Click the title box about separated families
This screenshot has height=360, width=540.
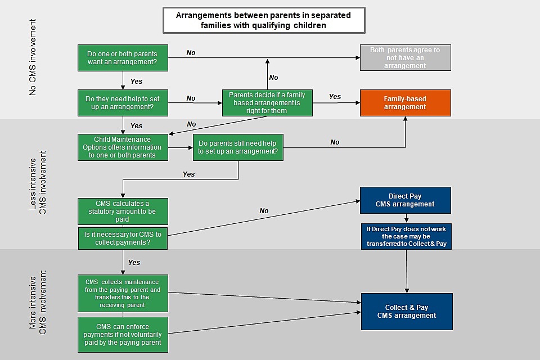tap(263, 20)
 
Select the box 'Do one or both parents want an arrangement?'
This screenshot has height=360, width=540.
tap(122, 58)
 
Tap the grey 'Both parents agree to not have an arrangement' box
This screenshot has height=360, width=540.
tap(405, 58)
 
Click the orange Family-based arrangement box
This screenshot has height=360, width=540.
tap(405, 103)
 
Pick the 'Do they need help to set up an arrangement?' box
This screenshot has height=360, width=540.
tap(122, 103)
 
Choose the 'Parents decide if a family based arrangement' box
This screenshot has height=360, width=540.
tap(267, 103)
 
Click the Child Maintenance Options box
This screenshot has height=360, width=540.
tap(122, 147)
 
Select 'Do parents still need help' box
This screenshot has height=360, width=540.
tap(237, 147)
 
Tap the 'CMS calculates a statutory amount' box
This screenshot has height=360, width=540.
tap(122, 211)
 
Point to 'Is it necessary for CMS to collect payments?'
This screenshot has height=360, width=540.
tap(122, 238)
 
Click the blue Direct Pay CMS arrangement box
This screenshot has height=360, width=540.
tap(405, 200)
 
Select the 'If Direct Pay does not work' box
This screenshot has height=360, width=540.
tap(405, 236)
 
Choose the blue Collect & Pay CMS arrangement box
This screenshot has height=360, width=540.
tap(406, 312)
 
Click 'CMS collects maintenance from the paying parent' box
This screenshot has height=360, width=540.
tap(122, 293)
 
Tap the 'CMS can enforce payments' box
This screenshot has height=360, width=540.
tap(122, 334)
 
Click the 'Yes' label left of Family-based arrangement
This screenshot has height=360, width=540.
tap(335, 97)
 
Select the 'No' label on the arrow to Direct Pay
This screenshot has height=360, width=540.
tap(264, 211)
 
